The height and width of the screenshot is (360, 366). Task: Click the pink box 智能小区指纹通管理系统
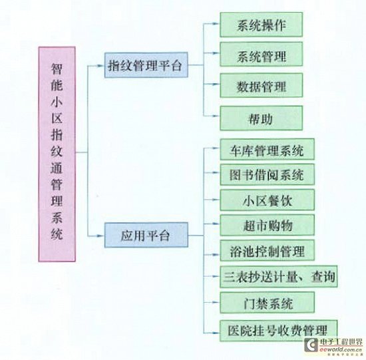click(x=57, y=154)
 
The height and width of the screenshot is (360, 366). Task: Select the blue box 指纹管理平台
click(x=146, y=65)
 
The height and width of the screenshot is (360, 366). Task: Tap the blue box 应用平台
click(x=146, y=235)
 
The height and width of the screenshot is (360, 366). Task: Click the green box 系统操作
click(x=262, y=25)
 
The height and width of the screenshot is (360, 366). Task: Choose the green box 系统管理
click(x=262, y=54)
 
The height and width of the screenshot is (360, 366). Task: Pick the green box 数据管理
click(x=262, y=85)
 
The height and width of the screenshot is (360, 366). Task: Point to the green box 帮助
click(x=262, y=118)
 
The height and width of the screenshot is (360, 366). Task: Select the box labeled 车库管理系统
click(x=267, y=150)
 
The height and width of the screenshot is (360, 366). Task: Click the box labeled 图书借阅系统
click(x=267, y=174)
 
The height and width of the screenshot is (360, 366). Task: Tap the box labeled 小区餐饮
click(x=267, y=200)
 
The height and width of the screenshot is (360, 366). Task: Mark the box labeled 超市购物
click(x=267, y=225)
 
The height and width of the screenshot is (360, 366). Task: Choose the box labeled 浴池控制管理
click(x=267, y=250)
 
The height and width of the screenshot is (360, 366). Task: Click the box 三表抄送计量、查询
click(x=278, y=276)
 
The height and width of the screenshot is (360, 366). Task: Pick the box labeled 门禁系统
click(x=267, y=303)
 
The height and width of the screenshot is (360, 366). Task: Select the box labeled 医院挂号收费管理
click(x=278, y=331)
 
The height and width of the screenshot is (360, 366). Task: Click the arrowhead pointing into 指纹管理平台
click(x=101, y=66)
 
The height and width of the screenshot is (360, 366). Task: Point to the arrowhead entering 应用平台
click(x=101, y=236)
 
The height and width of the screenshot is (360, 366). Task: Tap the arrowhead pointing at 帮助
click(x=216, y=116)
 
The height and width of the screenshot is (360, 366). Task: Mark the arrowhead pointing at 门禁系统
click(x=216, y=302)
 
